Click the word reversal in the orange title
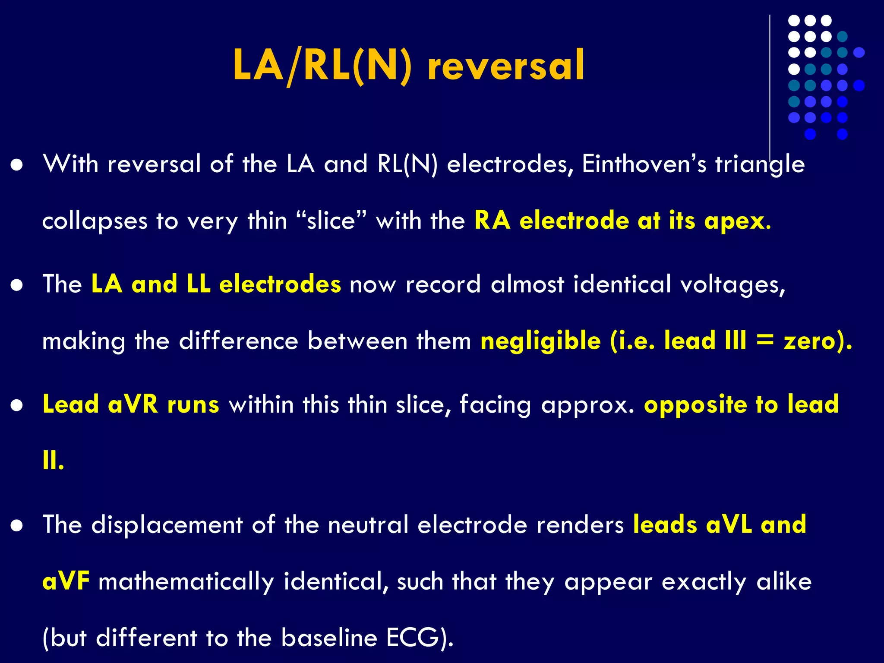(505, 66)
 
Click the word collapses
(95, 221)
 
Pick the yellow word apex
(737, 221)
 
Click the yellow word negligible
(540, 341)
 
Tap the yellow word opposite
(695, 405)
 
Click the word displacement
(167, 524)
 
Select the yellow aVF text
(66, 581)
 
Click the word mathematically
(186, 581)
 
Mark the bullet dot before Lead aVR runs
(17, 406)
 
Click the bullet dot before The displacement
(17, 526)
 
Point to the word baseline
(329, 638)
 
